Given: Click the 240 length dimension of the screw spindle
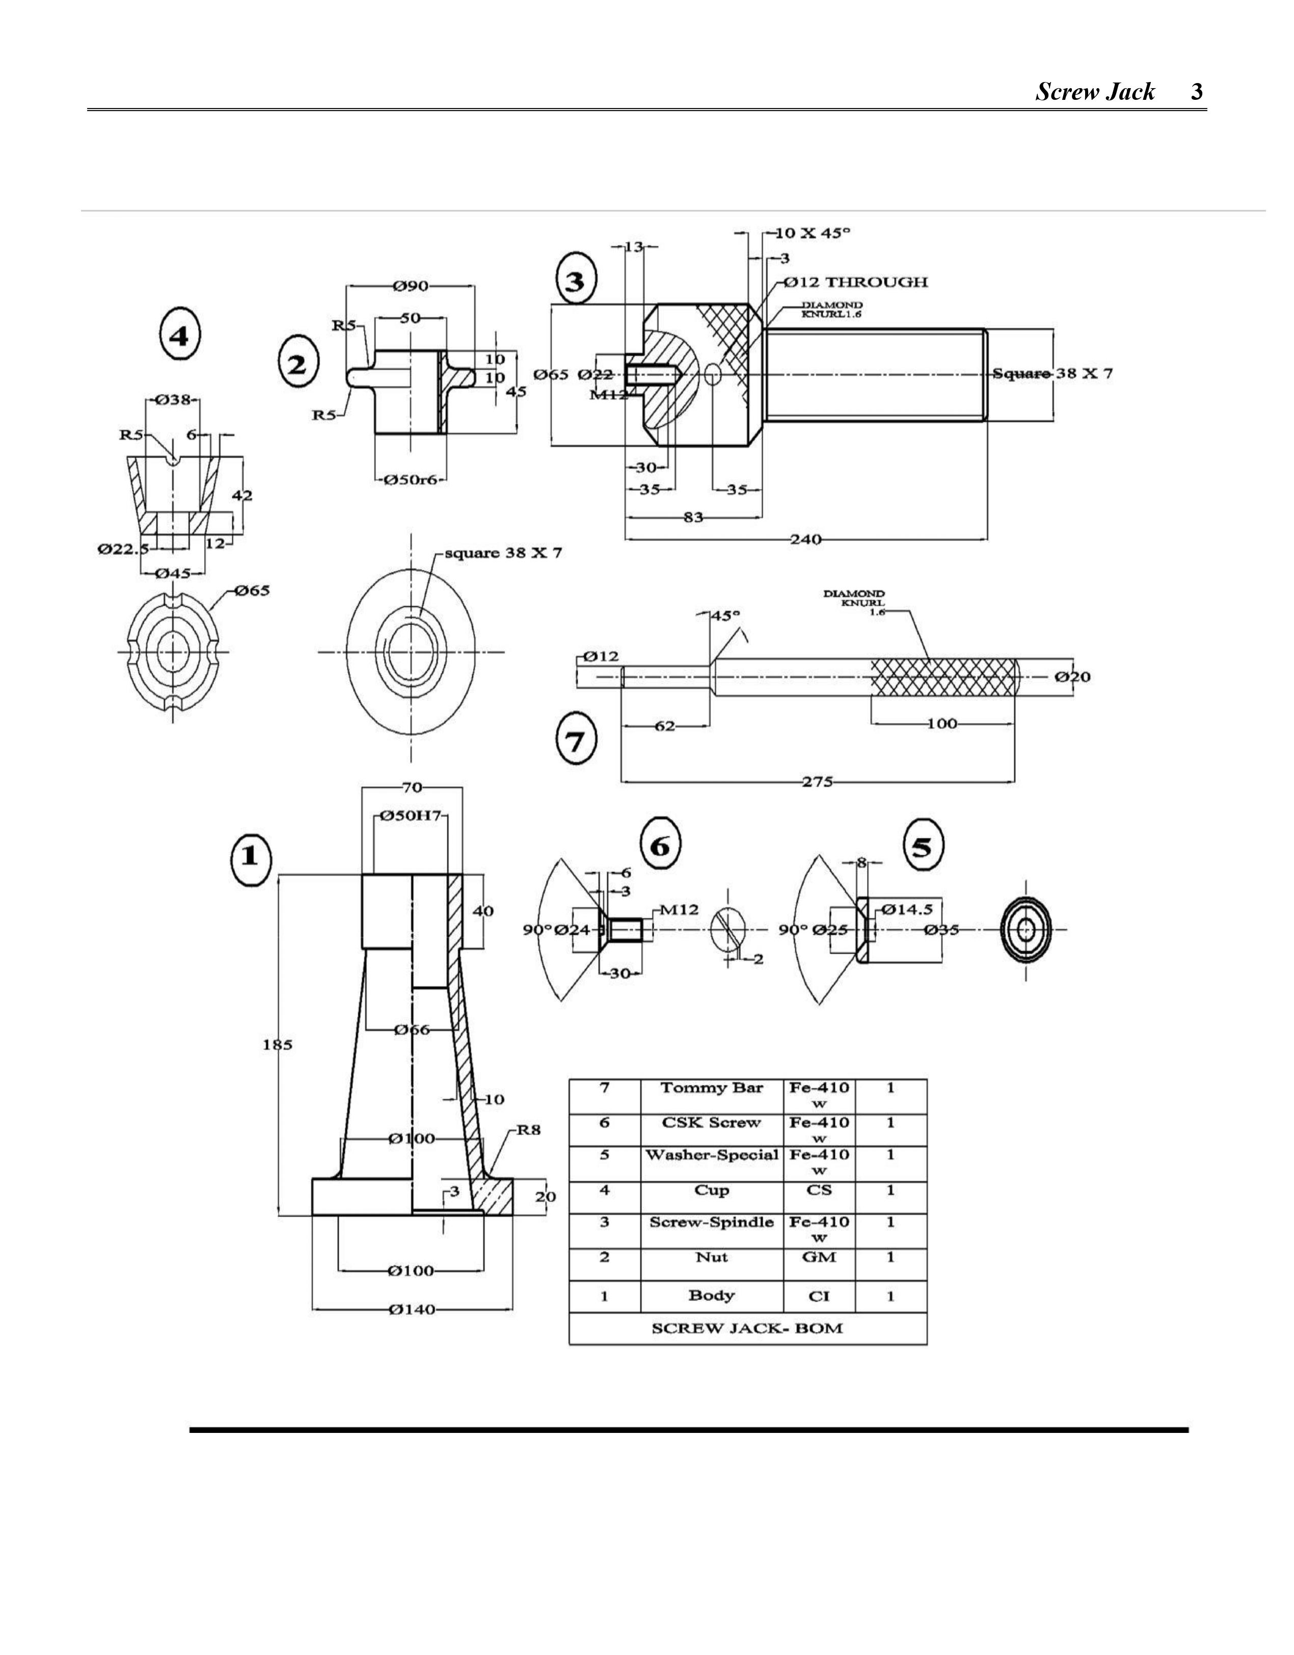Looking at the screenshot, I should [x=806, y=539].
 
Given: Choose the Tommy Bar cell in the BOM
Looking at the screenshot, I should [x=711, y=1088].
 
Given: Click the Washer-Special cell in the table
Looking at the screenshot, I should [x=711, y=1156].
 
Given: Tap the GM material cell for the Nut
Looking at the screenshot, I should [x=819, y=1257].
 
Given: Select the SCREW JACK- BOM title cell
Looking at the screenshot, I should [x=747, y=1328].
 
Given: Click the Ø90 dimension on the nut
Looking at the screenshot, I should [x=411, y=286].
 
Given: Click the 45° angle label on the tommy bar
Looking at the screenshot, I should [x=725, y=615].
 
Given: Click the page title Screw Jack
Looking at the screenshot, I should [x=1095, y=92].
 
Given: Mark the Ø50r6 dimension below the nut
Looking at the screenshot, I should [x=411, y=480].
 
